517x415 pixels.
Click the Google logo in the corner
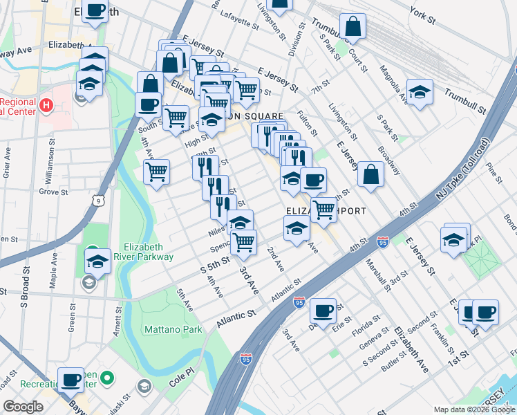point(23,407)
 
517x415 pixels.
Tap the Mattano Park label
point(173,330)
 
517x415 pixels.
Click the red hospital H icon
point(46,106)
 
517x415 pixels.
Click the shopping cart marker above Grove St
point(157,170)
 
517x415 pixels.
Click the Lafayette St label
point(240,19)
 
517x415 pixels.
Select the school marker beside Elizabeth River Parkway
point(97,261)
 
